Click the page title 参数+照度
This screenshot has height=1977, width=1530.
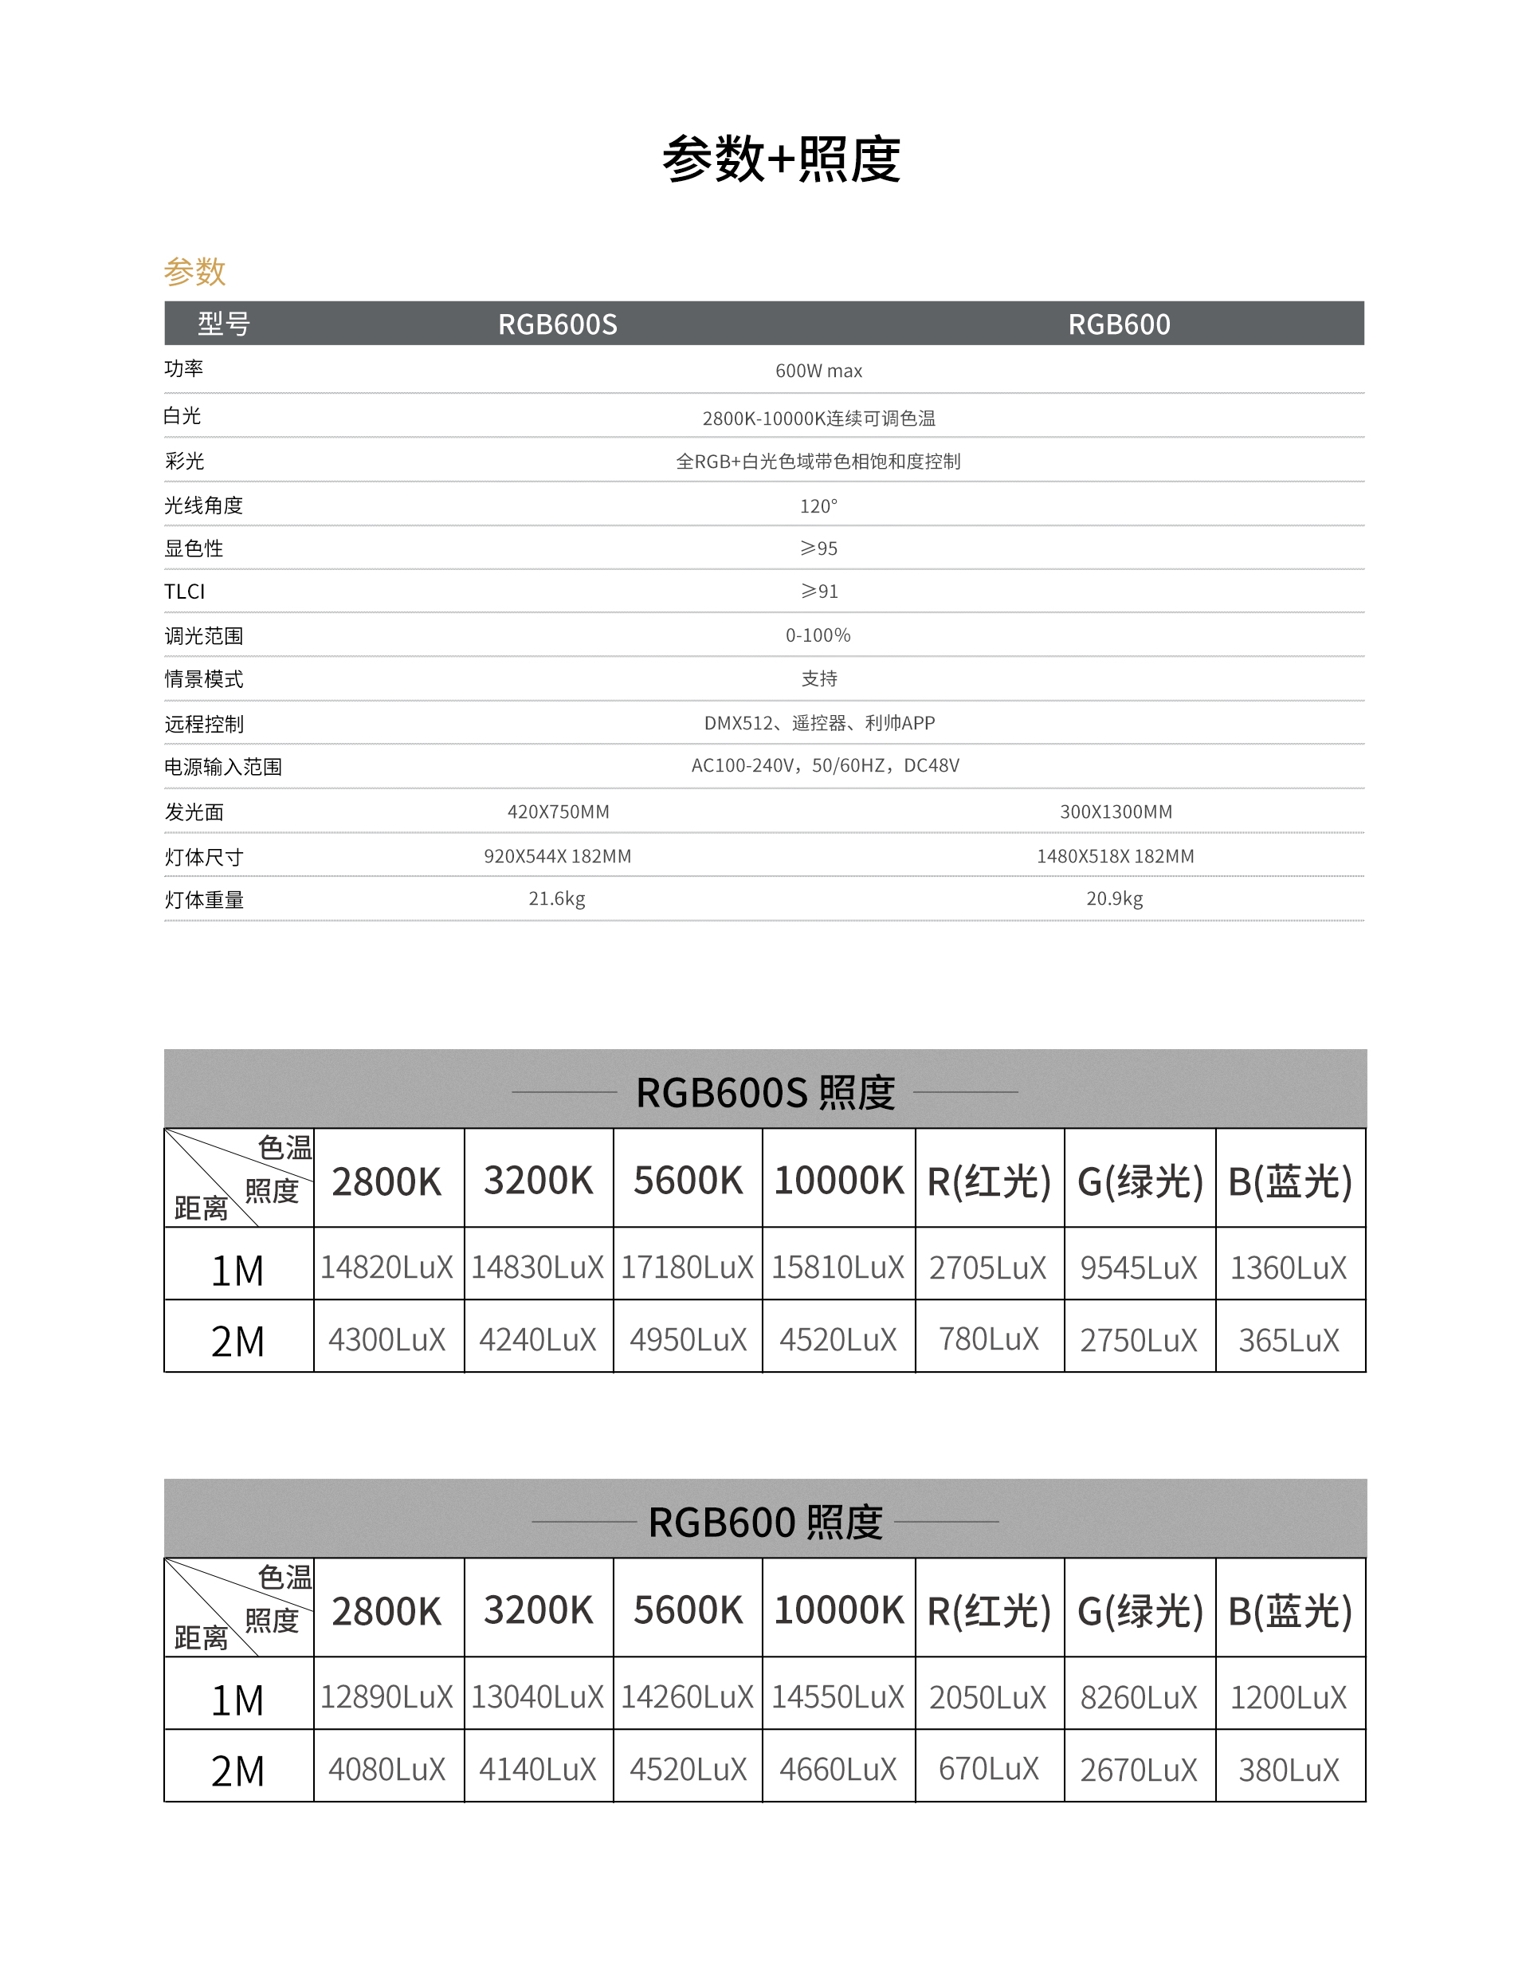pos(781,160)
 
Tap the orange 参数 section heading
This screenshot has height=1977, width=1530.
pos(194,271)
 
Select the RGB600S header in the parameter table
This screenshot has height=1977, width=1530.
pos(557,324)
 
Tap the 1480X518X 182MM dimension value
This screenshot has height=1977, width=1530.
pos(1115,856)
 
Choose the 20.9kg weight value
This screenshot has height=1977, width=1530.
pos(1115,899)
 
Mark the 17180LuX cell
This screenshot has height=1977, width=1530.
pos(687,1268)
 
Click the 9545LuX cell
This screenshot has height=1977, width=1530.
pos(1138,1268)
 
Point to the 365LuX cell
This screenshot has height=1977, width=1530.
pos(1289,1340)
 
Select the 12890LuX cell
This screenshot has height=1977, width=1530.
pos(386,1697)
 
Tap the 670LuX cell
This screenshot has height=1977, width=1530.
pos(988,1769)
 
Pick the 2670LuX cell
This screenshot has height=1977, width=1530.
pos(1138,1770)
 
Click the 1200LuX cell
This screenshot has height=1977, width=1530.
pos(1289,1697)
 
